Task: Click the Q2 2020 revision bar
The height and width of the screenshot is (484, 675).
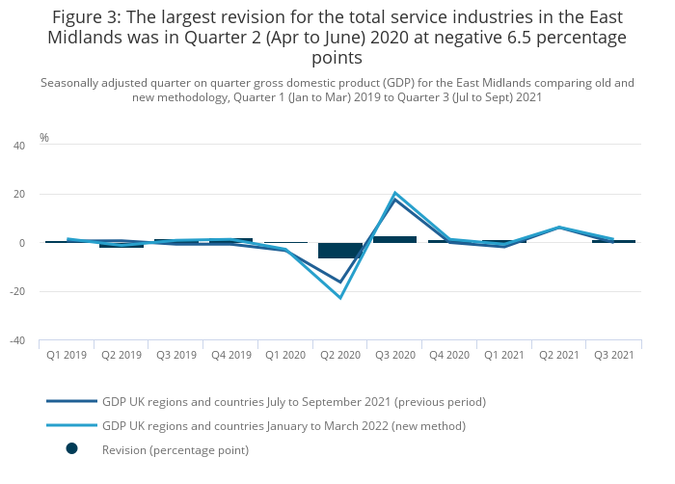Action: (340, 251)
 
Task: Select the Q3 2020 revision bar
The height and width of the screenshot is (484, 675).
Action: (395, 239)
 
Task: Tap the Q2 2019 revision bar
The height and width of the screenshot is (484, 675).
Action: (121, 246)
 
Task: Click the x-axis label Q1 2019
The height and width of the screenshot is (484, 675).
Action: (67, 356)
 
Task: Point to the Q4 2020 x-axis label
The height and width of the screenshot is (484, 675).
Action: (449, 356)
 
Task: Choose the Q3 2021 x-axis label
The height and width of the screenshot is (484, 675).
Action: (613, 356)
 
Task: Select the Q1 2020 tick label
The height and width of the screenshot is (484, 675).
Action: (285, 356)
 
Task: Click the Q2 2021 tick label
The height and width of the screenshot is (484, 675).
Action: (559, 356)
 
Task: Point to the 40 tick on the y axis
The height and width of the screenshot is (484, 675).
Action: (18, 146)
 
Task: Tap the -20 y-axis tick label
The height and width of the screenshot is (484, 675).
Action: (16, 291)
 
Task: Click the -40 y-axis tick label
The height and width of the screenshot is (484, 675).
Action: (16, 340)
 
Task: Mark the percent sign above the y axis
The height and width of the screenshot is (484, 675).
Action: (44, 138)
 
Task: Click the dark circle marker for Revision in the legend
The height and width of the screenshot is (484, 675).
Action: (72, 449)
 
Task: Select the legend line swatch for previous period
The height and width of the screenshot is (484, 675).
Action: (72, 401)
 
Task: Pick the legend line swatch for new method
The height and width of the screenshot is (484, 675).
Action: (72, 425)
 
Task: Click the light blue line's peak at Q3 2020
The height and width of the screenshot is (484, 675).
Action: (395, 193)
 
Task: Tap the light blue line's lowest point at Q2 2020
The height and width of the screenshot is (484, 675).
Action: (340, 298)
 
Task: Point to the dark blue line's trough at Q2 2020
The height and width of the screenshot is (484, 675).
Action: (340, 282)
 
